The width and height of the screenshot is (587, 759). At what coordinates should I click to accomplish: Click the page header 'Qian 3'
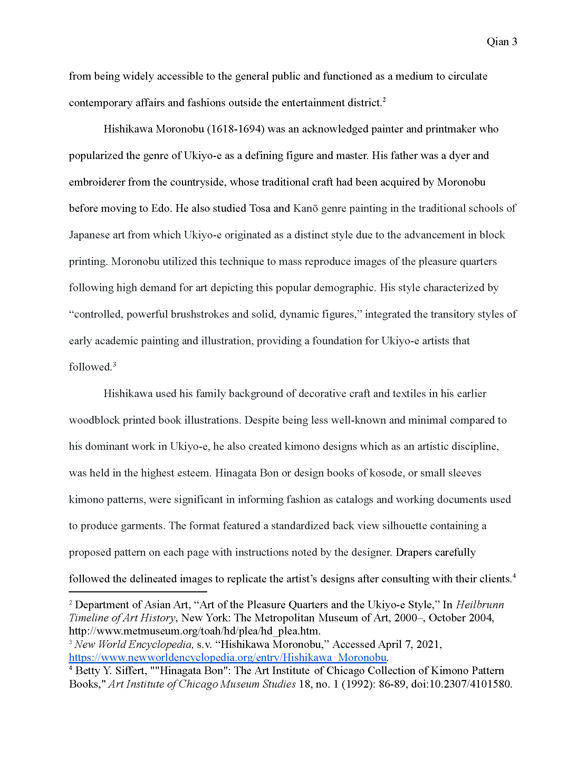coord(501,42)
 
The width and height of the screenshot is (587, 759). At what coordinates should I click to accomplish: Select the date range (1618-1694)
coord(236,129)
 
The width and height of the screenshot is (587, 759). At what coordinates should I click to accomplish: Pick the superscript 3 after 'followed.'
coord(114,364)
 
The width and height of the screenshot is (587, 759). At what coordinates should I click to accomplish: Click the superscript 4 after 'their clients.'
coord(514,576)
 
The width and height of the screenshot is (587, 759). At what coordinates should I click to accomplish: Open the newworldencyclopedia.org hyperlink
coord(228,657)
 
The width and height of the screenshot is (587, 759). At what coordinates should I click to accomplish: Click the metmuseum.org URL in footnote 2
coord(194,631)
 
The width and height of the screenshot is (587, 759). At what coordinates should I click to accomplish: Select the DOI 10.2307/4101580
coord(461,684)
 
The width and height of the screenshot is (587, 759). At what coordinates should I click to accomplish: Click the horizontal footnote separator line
coord(138,591)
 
